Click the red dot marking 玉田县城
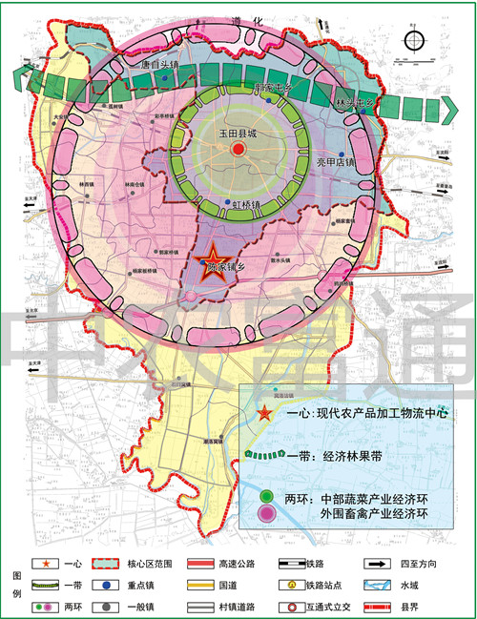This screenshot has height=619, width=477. point(238,150)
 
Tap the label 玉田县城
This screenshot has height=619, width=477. point(238,134)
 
